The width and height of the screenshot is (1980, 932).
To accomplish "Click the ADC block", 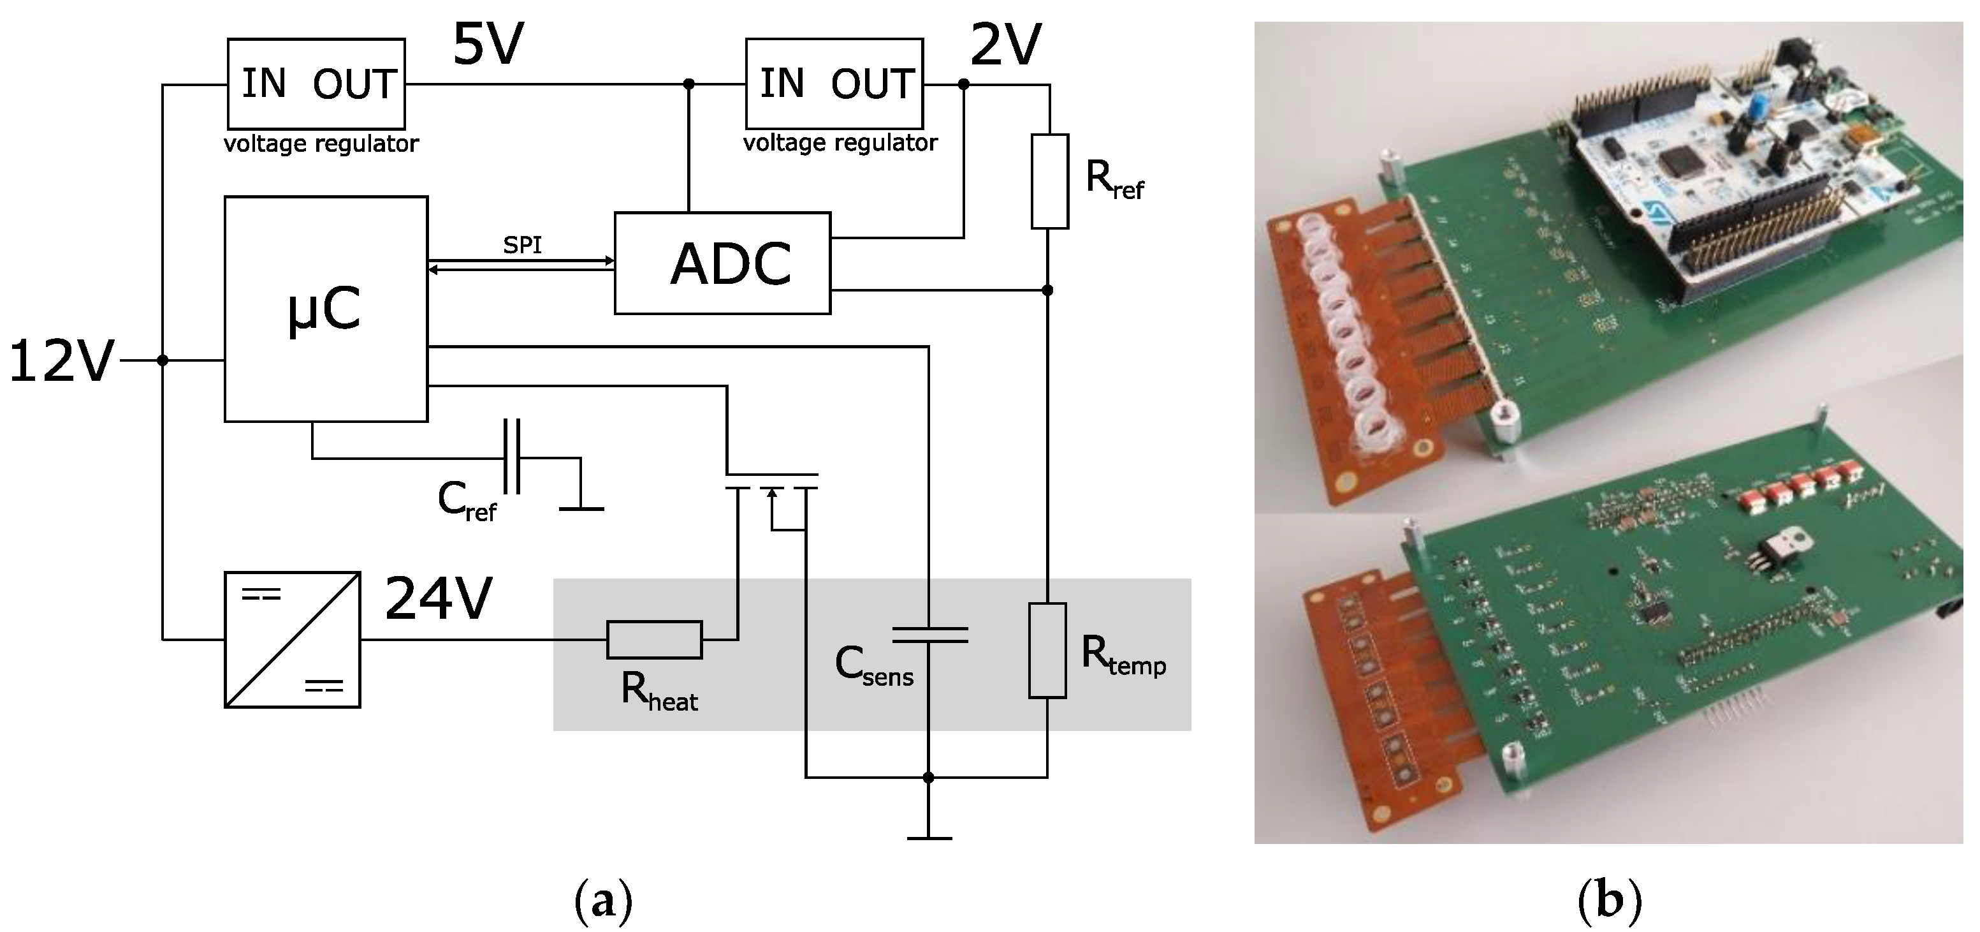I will point(722,263).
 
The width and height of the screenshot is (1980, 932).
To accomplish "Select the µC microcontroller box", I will point(326,309).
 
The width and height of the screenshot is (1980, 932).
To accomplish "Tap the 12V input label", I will point(61,362).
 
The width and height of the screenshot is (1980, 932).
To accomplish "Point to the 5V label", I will point(489,45).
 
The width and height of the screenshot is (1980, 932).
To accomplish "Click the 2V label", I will point(1006,45).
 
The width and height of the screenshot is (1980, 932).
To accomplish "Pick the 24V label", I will point(438,598).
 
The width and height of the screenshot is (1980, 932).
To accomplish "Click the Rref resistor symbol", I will point(1049,181).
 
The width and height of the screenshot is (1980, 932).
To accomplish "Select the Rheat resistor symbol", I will point(654,639).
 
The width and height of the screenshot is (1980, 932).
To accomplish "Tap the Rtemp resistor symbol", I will point(1047,651).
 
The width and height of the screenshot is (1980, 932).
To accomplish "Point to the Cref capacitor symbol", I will point(512,456).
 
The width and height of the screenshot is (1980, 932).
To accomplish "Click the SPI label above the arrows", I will point(523,244).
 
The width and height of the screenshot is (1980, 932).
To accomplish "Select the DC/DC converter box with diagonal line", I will point(292,640).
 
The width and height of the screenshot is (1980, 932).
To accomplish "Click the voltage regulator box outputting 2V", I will point(834,83).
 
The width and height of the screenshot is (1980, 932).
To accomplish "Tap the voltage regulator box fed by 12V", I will point(316,83).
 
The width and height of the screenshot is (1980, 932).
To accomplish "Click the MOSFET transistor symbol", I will point(772,492).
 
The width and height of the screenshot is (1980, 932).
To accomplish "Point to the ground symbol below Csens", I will point(929,837).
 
